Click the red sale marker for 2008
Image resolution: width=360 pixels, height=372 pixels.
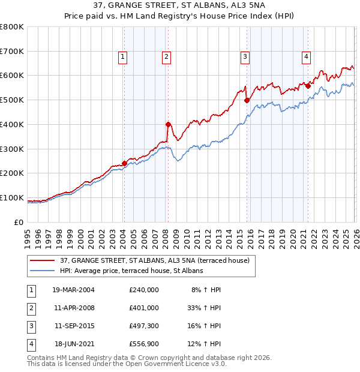tap(168, 124)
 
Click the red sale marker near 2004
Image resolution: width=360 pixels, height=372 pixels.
tap(124, 163)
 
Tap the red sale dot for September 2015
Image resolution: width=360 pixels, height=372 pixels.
tap(247, 101)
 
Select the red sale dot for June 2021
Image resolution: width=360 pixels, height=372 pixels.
tap(308, 86)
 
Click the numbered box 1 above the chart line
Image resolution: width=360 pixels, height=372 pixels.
tap(122, 58)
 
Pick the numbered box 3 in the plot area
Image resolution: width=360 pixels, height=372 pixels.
tap(245, 58)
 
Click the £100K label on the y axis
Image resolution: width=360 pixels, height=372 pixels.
tap(12, 197)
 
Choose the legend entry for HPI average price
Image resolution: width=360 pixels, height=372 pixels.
tap(131, 271)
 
